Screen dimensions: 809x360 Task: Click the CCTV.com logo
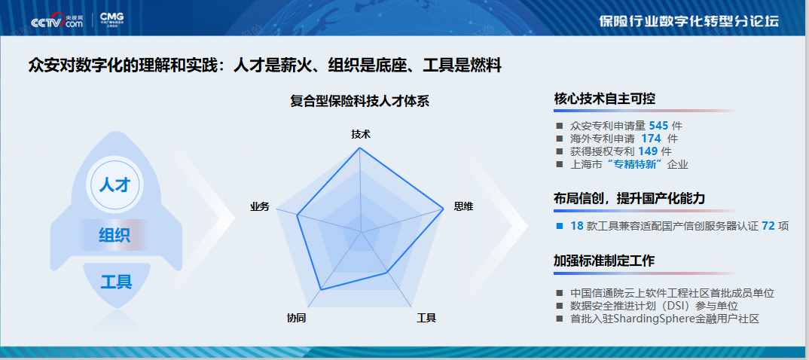coord(56,21)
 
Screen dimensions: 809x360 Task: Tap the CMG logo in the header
coord(112,20)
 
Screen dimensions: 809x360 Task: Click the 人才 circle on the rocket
coord(114,184)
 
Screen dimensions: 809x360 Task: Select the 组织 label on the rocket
coord(114,236)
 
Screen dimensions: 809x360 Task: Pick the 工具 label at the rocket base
coord(116,282)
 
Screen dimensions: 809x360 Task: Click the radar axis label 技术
coord(361,134)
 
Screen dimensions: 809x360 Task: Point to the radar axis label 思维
coord(463,207)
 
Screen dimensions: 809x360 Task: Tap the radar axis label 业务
coord(260,207)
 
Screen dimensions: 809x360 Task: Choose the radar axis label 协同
coord(297,318)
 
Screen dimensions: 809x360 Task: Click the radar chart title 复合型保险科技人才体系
coord(359,101)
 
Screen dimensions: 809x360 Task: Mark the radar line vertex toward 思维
coord(443,209)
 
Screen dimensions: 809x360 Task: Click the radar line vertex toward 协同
coord(321,290)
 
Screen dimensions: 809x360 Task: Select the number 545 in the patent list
coord(659,125)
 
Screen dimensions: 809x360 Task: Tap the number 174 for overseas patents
coord(651,139)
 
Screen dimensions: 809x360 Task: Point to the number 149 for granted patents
coord(648,151)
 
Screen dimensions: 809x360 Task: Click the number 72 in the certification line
coord(768,226)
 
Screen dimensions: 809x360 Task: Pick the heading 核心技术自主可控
coord(605,99)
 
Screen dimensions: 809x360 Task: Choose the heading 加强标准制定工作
coord(605,261)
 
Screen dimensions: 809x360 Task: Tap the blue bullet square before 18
coord(559,226)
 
